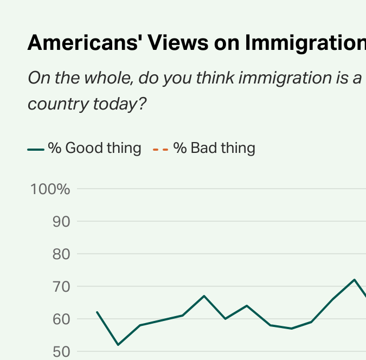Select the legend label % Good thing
coord(94,148)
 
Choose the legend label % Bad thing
coord(214,148)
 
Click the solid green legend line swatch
coord(36,149)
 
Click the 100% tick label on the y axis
coord(50,189)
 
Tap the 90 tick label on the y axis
coord(61,222)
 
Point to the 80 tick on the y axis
coord(61,254)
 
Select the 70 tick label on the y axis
coord(61,286)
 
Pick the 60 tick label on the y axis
coord(61,319)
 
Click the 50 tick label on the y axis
coord(61,351)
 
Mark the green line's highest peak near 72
coord(354,280)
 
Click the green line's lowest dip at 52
coord(118,344)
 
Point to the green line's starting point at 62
coord(97,312)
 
